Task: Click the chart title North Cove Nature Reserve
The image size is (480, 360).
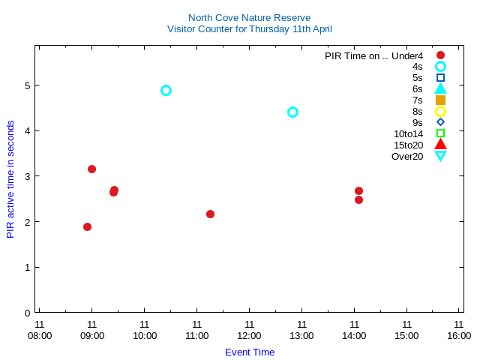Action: coord(249,17)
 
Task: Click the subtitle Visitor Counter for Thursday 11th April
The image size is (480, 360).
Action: coord(249,29)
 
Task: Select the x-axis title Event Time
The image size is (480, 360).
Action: coord(249,352)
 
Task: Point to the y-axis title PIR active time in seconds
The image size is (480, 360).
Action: coord(10,179)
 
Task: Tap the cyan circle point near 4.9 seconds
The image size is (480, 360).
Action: coord(166,90)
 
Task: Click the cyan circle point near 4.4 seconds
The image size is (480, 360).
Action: coord(292,112)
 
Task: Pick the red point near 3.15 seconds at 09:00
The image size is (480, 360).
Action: coord(91,169)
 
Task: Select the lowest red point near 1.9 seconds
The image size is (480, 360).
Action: coord(87,226)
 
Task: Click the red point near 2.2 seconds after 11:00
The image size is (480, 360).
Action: coord(210,214)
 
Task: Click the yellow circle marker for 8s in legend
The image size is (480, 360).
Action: coord(440,111)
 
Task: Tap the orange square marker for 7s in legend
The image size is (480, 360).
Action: coord(440,100)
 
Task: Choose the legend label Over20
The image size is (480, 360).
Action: coord(407,156)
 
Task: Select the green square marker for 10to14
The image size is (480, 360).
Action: coord(440,133)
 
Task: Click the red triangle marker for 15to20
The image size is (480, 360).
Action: coord(440,145)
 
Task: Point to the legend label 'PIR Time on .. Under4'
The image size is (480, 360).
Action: coord(373,55)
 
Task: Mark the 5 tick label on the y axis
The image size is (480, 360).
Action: coord(27,85)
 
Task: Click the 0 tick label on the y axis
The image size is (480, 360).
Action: coord(27,313)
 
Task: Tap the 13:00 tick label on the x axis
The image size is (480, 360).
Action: coord(301,335)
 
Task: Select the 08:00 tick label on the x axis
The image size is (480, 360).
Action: coord(40,335)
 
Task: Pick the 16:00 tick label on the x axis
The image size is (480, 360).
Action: coord(459,335)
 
